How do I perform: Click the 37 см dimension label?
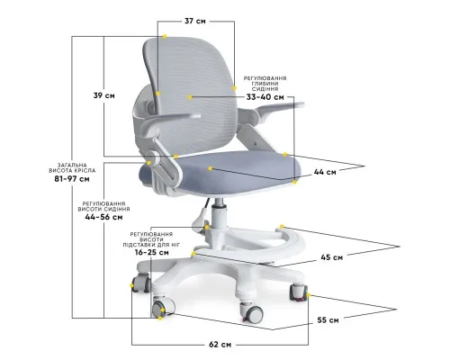[x=195, y=22]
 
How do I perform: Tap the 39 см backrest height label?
[x=103, y=95]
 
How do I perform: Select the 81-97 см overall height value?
[x=72, y=179]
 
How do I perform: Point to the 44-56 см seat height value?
[x=103, y=217]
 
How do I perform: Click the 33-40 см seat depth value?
[x=265, y=97]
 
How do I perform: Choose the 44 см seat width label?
[x=325, y=172]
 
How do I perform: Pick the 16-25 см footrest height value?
[x=151, y=252]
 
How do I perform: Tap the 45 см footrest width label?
[x=332, y=257]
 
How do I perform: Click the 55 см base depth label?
[x=328, y=320]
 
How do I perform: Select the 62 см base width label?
[x=220, y=345]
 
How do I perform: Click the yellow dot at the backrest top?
[x=165, y=36]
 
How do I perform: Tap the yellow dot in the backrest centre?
[x=189, y=97]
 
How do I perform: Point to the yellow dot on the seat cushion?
[x=210, y=168]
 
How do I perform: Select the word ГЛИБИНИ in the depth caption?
[x=265, y=84]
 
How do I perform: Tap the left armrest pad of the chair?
[x=169, y=120]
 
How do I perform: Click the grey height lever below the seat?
[x=201, y=222]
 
